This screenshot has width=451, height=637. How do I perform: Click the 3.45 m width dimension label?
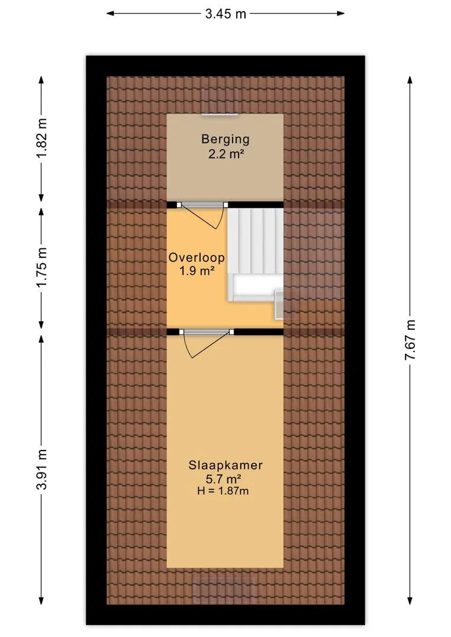click(x=225, y=14)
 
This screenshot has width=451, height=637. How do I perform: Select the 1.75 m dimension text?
click(x=42, y=267)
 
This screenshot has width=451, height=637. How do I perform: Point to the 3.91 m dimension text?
click(x=42, y=469)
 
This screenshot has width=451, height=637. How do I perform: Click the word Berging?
click(x=225, y=139)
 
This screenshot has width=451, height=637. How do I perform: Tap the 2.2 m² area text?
click(x=226, y=154)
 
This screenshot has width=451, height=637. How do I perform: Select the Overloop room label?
click(x=197, y=258)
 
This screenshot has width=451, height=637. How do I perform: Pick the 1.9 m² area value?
click(x=197, y=271)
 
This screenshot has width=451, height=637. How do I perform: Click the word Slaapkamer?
click(x=225, y=465)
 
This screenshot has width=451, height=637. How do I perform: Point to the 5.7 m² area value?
click(x=225, y=478)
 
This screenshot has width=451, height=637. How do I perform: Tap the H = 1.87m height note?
click(x=223, y=491)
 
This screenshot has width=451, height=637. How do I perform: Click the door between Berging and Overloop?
click(x=202, y=215)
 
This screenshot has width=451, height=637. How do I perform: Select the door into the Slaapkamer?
click(x=207, y=343)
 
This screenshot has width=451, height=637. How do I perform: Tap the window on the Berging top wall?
click(x=220, y=115)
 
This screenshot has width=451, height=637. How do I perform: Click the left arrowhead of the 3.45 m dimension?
click(x=110, y=14)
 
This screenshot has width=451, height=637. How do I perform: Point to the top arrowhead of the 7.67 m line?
click(x=410, y=80)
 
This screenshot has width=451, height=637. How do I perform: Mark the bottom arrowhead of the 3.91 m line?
click(x=41, y=600)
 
